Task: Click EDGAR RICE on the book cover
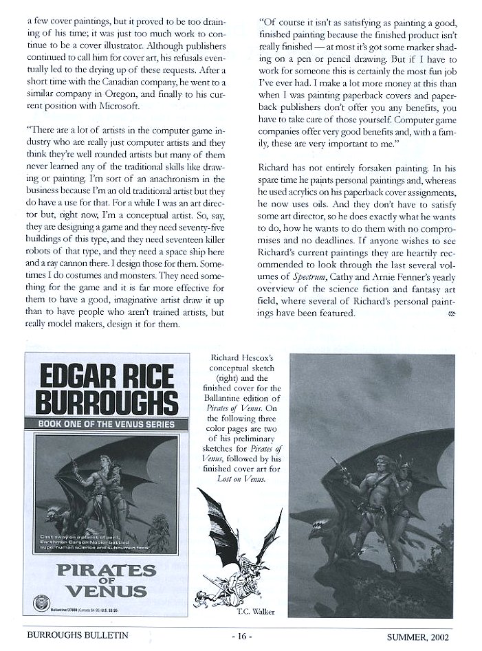click(x=101, y=377)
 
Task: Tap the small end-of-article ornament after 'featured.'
click(x=451, y=313)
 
